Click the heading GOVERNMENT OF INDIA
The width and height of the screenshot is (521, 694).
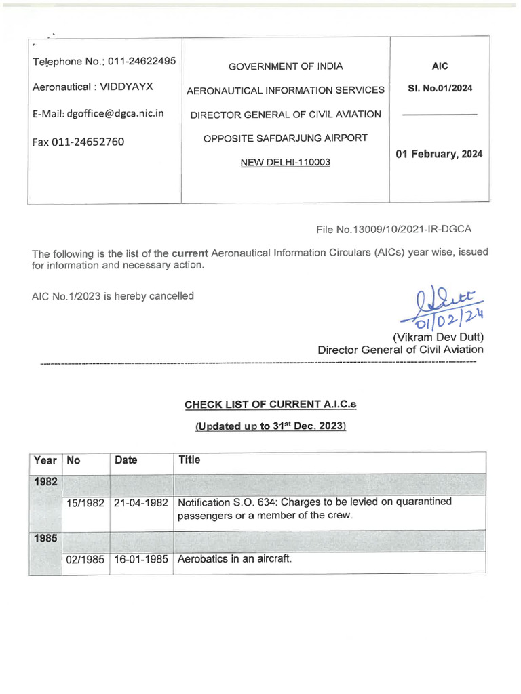tap(285, 66)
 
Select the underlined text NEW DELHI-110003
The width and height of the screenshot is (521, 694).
tap(285, 162)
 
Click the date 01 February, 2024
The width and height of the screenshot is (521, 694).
tap(439, 154)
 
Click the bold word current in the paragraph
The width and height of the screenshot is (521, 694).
tap(189, 253)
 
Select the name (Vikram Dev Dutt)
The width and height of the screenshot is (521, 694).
tap(438, 337)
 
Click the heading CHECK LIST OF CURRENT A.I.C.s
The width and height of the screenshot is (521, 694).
tap(271, 405)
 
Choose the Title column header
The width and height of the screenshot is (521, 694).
tap(189, 460)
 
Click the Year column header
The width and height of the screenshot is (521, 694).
tap(45, 460)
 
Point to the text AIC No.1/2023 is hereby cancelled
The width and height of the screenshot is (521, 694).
tap(113, 295)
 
